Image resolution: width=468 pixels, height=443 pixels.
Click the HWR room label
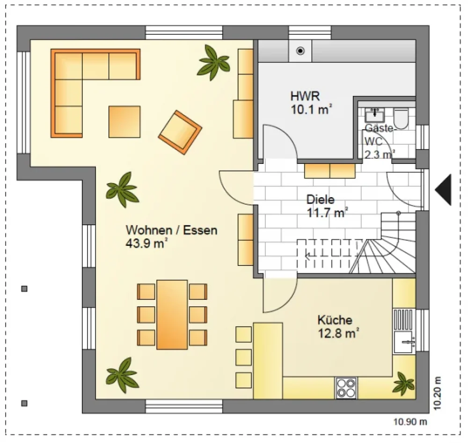tap(305, 96)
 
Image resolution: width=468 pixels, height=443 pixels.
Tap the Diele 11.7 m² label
tap(327, 206)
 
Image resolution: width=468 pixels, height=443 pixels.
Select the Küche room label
tap(335, 320)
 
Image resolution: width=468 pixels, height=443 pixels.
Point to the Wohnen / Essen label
tap(171, 230)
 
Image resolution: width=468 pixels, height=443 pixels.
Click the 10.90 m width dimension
tap(410, 422)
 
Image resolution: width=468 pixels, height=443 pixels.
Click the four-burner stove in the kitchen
tap(346, 388)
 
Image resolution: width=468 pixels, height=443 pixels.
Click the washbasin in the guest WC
tap(374, 115)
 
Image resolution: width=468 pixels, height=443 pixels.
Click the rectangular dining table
tap(172, 315)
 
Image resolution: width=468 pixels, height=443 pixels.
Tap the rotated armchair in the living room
tap(180, 133)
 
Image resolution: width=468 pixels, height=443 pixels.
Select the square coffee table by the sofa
tap(124, 122)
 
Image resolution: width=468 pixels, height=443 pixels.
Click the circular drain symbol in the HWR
tap(300, 51)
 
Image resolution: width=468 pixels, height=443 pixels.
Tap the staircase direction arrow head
tap(307, 256)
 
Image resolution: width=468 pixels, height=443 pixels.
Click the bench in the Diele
tap(330, 170)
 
